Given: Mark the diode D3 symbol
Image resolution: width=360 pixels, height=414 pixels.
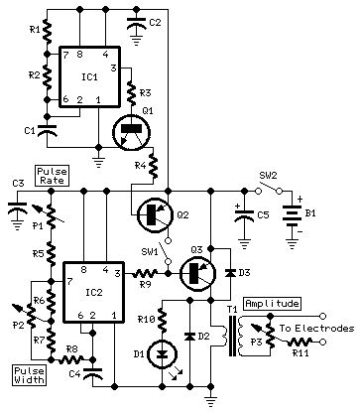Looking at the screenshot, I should pyautogui.click(x=231, y=271).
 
